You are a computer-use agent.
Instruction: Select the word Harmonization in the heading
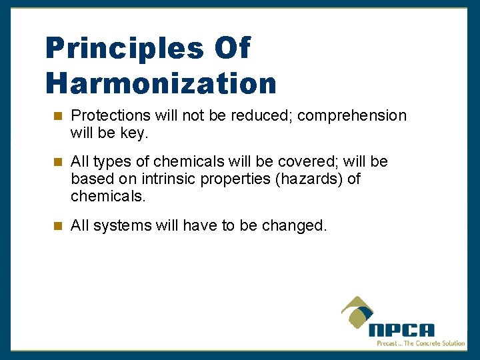pos(161,83)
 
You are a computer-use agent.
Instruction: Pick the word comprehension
pos(352,116)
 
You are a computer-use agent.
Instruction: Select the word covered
pos(305,162)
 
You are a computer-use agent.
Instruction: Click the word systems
pos(123,226)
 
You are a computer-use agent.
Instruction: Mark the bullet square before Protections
pos(57,116)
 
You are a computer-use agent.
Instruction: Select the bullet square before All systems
pos(57,226)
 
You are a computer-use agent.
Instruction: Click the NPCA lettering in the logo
pos(401,330)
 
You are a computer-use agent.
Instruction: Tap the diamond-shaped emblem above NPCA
pos(359,311)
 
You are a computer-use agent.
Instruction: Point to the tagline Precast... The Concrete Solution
pos(421,343)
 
